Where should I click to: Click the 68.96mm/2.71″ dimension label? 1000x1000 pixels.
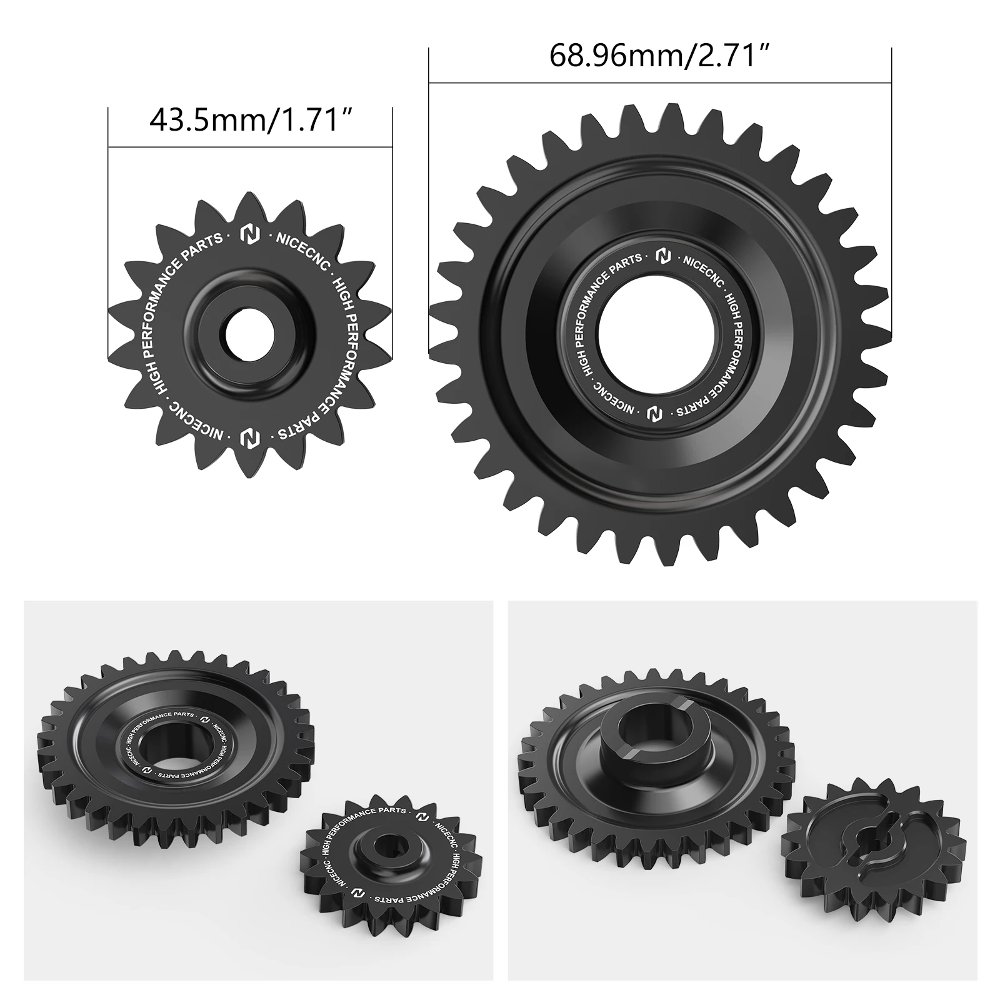click(x=658, y=56)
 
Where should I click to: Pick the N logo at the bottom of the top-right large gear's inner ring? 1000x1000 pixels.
click(x=654, y=414)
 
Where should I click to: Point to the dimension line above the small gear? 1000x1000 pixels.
click(x=250, y=148)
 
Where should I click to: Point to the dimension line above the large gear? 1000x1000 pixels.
click(x=659, y=82)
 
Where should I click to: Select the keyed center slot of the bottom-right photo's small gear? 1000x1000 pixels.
click(x=872, y=837)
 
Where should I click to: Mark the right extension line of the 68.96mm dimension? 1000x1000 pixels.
click(x=891, y=187)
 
